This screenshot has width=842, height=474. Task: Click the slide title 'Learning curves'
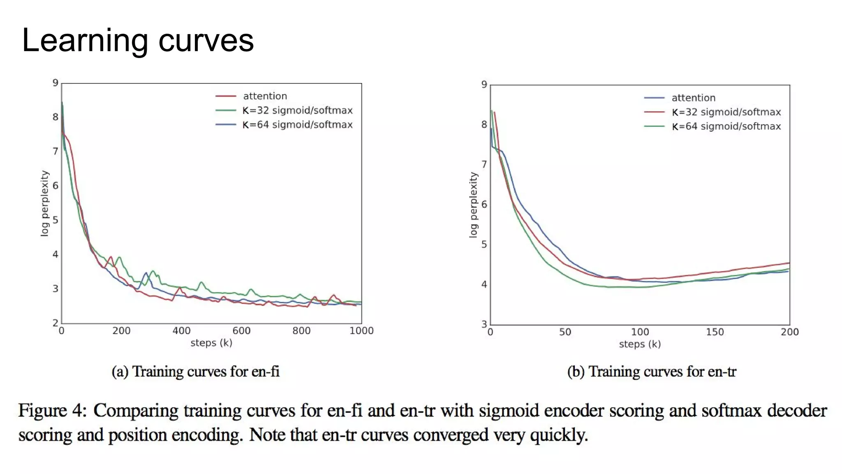pyautogui.click(x=138, y=40)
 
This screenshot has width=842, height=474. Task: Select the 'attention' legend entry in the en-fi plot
pyautogui.click(x=265, y=96)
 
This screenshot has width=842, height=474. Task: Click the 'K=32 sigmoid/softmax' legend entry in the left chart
pyautogui.click(x=297, y=110)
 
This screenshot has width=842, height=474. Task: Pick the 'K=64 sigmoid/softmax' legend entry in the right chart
pyautogui.click(x=726, y=126)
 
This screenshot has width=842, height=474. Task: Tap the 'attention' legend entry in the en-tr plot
pyautogui.click(x=693, y=98)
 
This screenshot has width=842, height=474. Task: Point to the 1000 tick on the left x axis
pyautogui.click(x=361, y=331)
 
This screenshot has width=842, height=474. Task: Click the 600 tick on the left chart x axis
pyautogui.click(x=241, y=331)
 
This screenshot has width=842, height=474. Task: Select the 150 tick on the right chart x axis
pyautogui.click(x=715, y=332)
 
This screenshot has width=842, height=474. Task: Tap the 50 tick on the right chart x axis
pyautogui.click(x=565, y=332)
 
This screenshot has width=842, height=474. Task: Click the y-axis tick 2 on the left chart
pyautogui.click(x=56, y=323)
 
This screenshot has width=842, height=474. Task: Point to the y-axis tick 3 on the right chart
pyautogui.click(x=484, y=324)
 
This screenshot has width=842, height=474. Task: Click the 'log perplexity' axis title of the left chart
pyautogui.click(x=44, y=204)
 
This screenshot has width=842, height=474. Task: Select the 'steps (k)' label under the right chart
pyautogui.click(x=640, y=344)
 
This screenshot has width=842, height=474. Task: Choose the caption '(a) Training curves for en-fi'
pyautogui.click(x=195, y=372)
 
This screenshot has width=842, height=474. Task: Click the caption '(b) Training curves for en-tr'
pyautogui.click(x=652, y=372)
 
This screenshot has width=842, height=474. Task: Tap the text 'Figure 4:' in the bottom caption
pyautogui.click(x=52, y=411)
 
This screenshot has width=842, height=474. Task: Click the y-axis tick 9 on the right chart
pyautogui.click(x=484, y=85)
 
